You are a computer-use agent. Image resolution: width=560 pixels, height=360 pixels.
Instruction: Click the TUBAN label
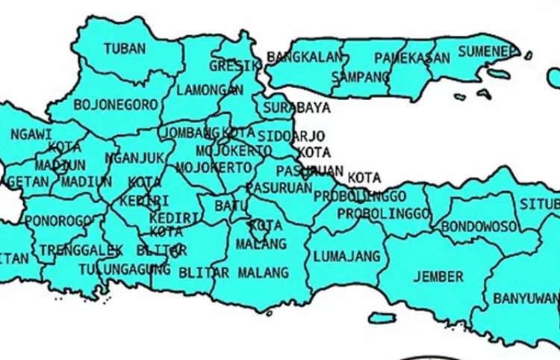(125, 49)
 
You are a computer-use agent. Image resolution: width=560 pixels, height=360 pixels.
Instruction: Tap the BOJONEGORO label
(114, 105)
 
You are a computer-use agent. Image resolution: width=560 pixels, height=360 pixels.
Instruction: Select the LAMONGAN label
(211, 90)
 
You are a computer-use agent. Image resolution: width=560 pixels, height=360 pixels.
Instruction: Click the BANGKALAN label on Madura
(304, 57)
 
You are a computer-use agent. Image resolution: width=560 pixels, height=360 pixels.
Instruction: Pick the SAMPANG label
(360, 76)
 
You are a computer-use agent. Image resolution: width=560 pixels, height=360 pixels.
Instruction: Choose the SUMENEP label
(488, 51)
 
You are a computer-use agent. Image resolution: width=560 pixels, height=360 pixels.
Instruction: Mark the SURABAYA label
(297, 107)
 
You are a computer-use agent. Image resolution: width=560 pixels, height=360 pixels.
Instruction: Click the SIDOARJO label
(290, 136)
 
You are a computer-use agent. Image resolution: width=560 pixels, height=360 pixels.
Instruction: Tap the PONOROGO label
(59, 221)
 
